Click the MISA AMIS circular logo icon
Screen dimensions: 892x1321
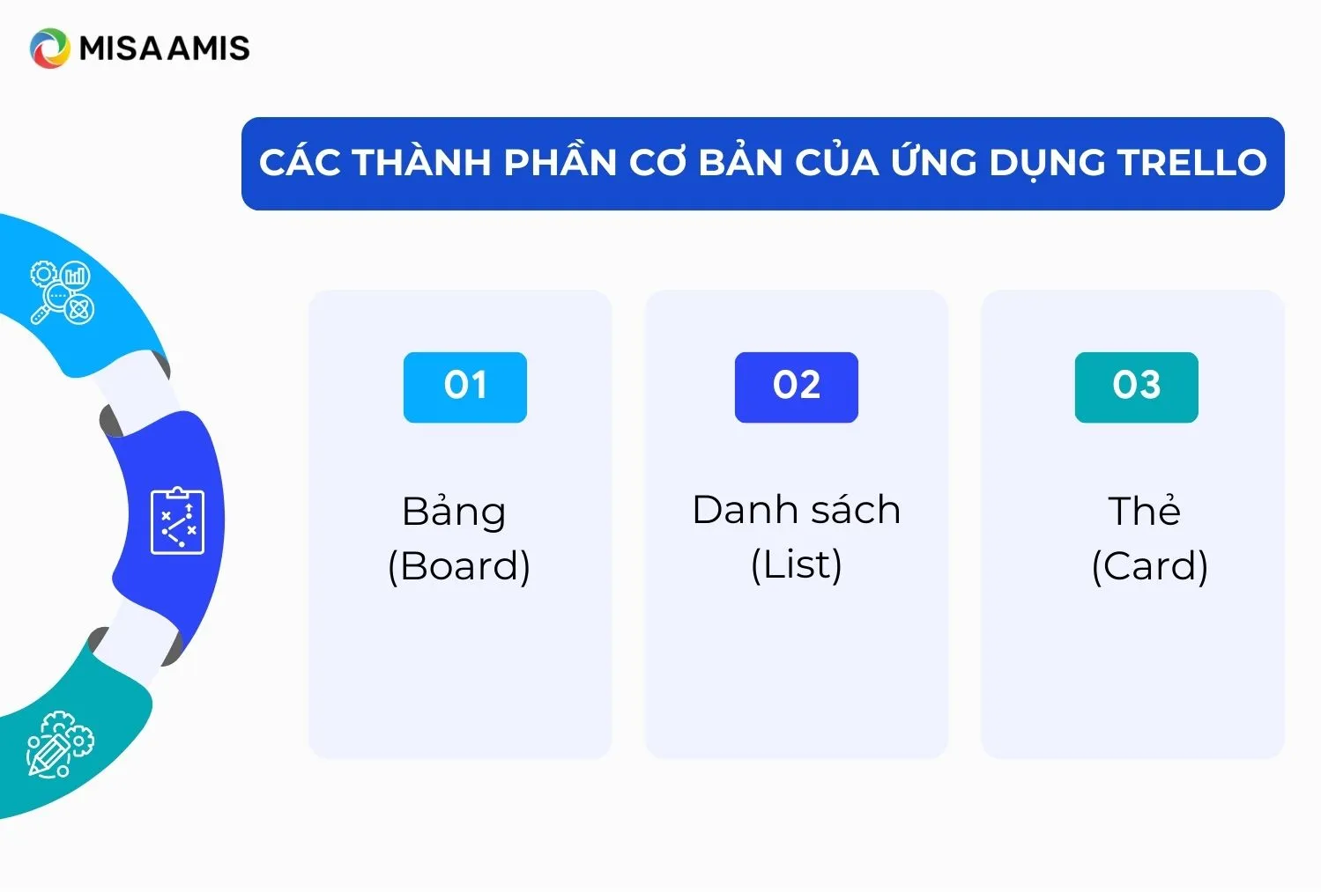click(49, 48)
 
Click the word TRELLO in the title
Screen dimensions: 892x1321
click(1192, 163)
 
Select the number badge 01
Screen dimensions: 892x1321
click(465, 387)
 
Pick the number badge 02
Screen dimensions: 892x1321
click(797, 387)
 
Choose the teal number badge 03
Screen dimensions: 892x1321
click(1136, 387)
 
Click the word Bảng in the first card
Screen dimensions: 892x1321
click(454, 512)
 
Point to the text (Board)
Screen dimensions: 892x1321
click(459, 566)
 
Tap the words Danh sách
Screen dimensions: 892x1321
click(797, 510)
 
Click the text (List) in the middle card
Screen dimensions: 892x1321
click(797, 564)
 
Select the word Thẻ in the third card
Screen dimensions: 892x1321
click(1144, 511)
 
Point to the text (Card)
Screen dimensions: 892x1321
click(1149, 566)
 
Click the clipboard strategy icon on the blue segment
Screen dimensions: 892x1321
click(177, 520)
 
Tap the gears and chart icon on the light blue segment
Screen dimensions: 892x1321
click(63, 292)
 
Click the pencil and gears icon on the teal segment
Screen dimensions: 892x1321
click(60, 745)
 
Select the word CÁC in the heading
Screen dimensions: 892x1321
click(300, 163)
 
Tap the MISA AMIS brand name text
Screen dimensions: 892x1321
click(165, 48)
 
